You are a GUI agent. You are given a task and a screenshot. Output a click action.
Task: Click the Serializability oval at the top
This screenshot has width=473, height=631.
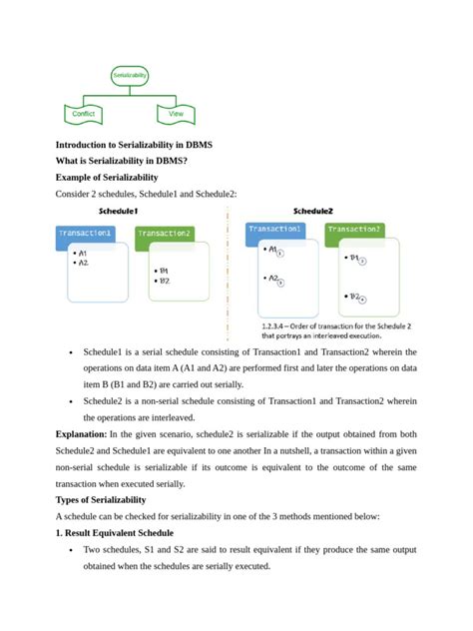click(130, 75)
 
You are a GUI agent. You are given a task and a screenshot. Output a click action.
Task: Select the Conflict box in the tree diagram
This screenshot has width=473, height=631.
click(84, 114)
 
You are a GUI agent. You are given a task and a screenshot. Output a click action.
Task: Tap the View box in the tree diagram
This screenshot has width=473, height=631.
click(176, 114)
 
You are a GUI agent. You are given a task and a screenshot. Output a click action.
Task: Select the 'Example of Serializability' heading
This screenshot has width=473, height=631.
click(108, 177)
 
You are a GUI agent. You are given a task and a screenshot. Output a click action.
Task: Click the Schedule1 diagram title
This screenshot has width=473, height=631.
click(119, 213)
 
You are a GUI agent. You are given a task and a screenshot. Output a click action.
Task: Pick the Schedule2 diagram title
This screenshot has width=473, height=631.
click(313, 212)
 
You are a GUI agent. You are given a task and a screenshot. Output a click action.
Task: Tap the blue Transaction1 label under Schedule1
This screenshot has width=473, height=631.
click(86, 234)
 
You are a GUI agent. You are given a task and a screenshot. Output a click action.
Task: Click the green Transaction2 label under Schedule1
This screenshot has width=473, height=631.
click(164, 234)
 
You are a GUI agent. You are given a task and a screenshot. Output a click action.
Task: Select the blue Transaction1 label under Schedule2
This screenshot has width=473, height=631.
click(275, 230)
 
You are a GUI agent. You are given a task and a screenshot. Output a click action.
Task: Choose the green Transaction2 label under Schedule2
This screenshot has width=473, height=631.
click(354, 230)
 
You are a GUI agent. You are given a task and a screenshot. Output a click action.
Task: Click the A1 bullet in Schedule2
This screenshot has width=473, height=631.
click(271, 252)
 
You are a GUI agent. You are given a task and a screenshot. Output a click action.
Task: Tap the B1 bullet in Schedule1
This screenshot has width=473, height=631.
click(163, 271)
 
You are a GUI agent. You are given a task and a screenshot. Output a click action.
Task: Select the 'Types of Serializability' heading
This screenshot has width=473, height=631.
click(106, 498)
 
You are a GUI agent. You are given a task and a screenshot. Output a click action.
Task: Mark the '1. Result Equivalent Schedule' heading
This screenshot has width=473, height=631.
click(115, 531)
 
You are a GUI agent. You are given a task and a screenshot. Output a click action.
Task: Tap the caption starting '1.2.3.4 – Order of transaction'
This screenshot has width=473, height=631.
click(335, 330)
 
